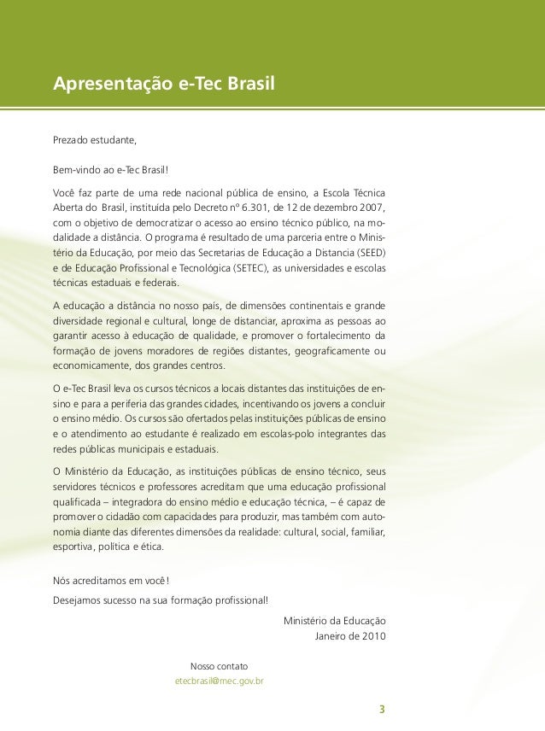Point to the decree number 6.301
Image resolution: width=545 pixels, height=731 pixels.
pos(256,208)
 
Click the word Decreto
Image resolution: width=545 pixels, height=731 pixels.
pos(210,208)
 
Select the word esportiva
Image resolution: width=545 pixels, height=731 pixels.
pos(73,547)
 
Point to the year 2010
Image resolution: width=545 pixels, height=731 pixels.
pos(374,635)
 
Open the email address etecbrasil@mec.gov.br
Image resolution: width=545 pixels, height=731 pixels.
pos(219,681)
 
